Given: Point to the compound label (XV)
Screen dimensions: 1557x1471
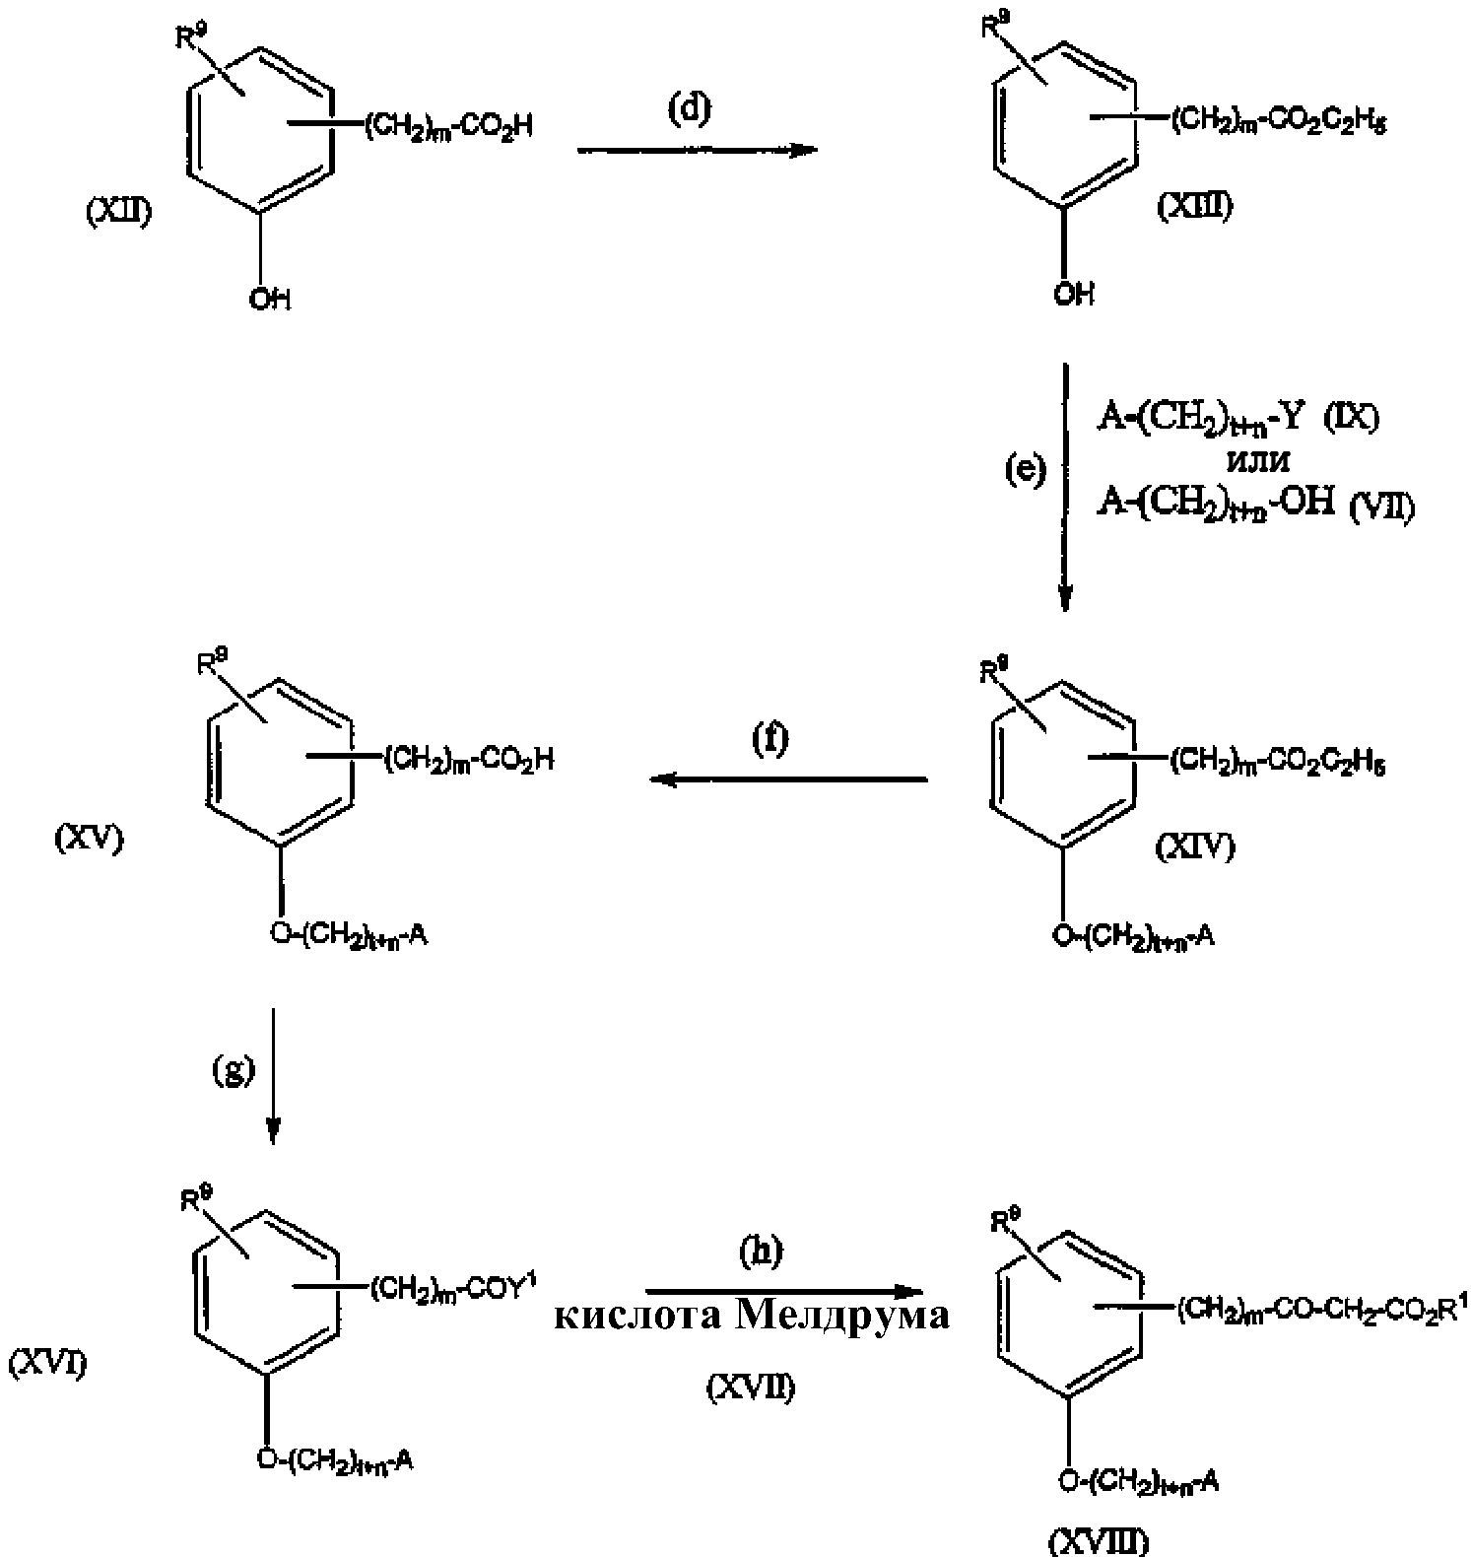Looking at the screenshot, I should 89,840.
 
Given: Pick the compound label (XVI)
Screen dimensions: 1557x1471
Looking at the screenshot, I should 46,1365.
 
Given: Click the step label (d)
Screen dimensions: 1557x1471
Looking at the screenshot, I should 689,109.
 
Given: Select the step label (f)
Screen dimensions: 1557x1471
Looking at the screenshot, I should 771,739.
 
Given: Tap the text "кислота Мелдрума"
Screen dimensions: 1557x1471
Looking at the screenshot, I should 752,1317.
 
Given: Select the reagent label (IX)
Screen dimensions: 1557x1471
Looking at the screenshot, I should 1351,418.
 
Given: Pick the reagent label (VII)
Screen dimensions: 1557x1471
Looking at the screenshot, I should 1381,508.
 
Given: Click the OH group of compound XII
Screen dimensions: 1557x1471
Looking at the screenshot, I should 269,299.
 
